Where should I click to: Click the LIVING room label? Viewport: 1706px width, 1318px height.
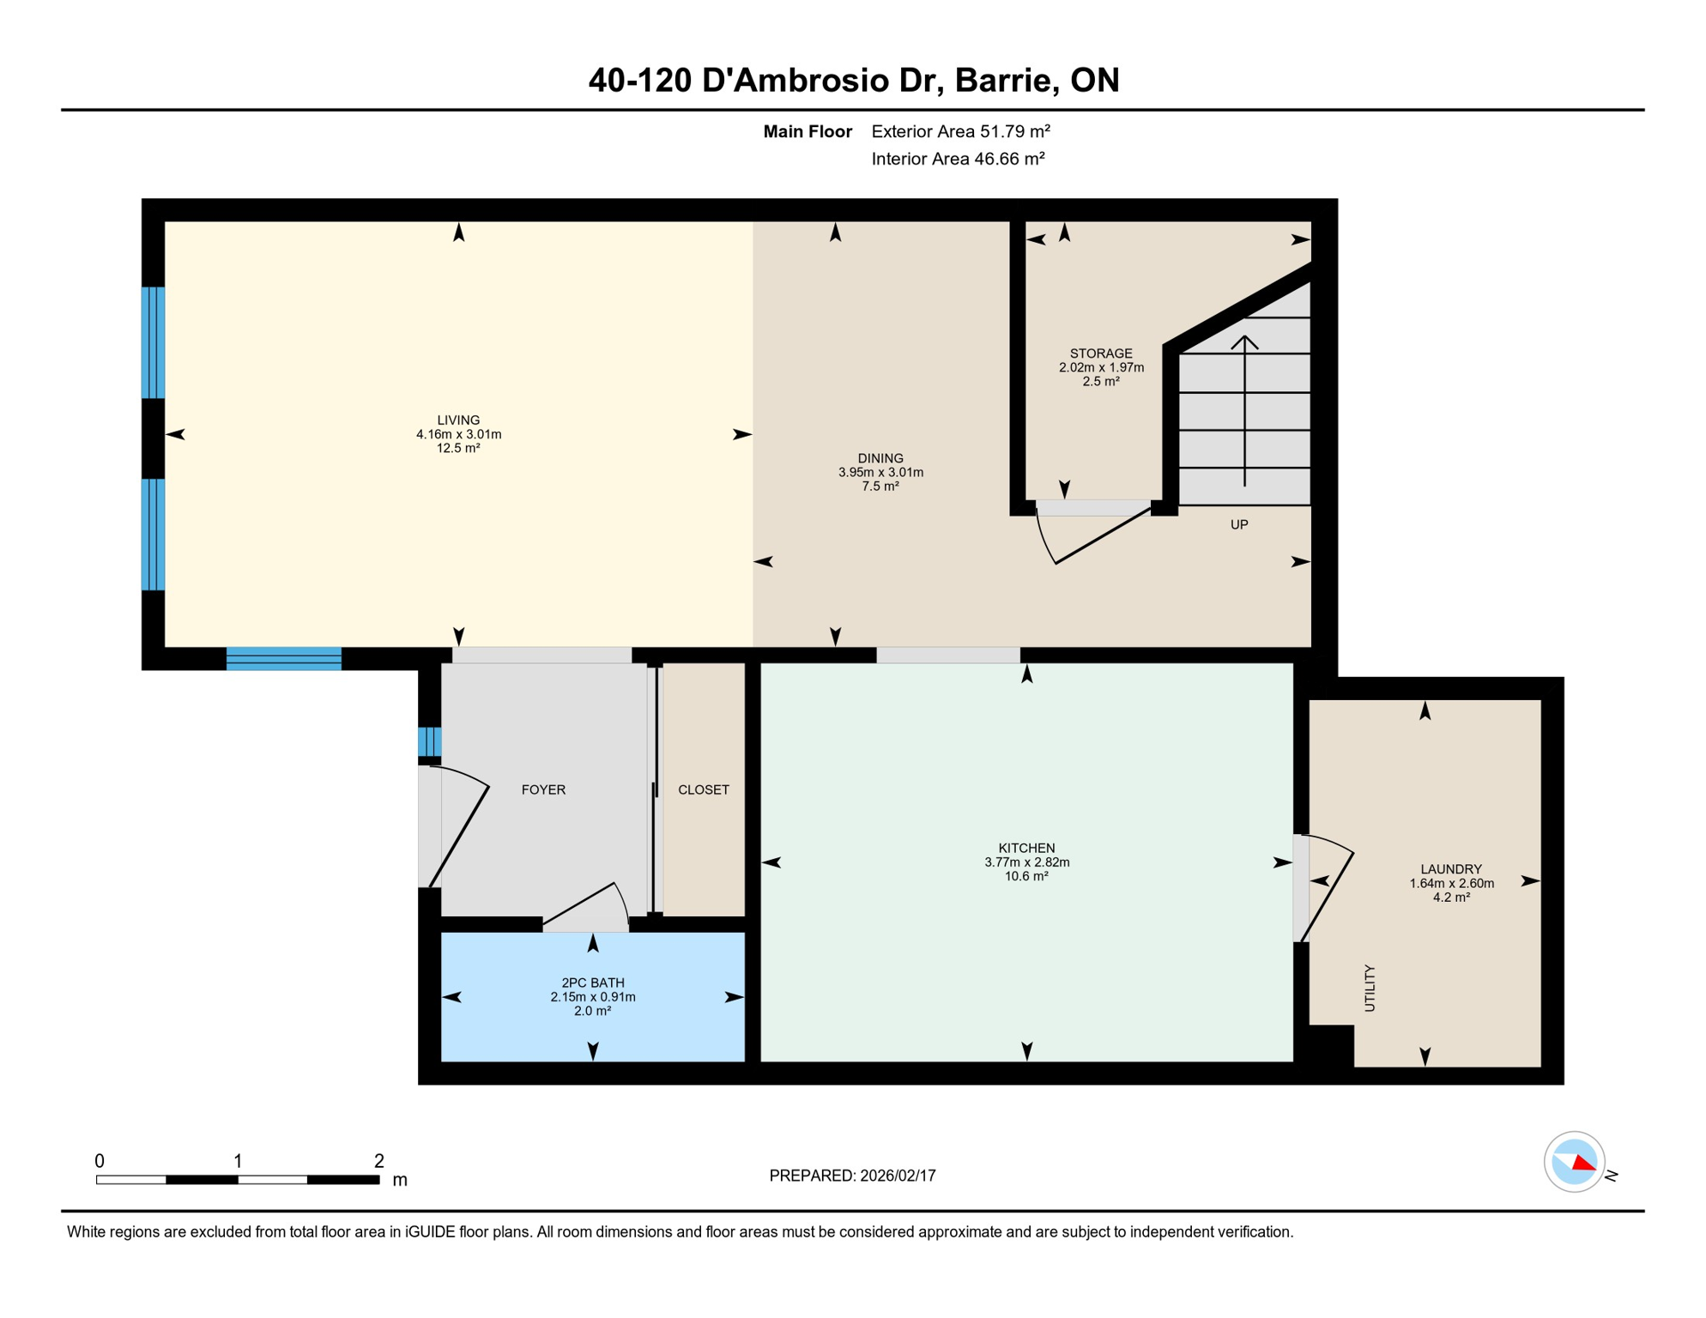point(458,420)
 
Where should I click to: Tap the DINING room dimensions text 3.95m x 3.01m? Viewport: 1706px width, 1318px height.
point(880,473)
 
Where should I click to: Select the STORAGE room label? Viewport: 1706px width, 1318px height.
point(1101,354)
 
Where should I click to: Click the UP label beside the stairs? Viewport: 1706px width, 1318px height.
point(1239,525)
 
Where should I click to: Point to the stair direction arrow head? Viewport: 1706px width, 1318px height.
point(1245,342)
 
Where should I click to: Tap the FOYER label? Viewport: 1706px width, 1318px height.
point(543,790)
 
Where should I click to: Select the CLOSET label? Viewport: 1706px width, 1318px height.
point(704,790)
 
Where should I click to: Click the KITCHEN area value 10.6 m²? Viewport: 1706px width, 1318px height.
point(1026,877)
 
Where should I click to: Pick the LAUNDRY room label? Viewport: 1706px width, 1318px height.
point(1451,869)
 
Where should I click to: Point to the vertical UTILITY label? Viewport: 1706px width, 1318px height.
point(1370,988)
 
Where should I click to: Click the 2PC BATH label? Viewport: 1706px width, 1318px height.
point(593,983)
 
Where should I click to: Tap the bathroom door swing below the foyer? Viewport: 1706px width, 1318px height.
point(592,910)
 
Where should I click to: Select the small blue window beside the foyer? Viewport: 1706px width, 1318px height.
point(430,742)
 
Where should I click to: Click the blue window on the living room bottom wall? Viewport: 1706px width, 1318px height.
point(284,659)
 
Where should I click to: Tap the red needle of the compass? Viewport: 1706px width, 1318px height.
point(1584,1164)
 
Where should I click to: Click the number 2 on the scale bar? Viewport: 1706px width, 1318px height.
point(379,1162)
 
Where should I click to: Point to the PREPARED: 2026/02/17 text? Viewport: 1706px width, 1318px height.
point(852,1176)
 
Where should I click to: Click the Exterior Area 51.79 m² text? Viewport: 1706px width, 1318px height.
point(960,132)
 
